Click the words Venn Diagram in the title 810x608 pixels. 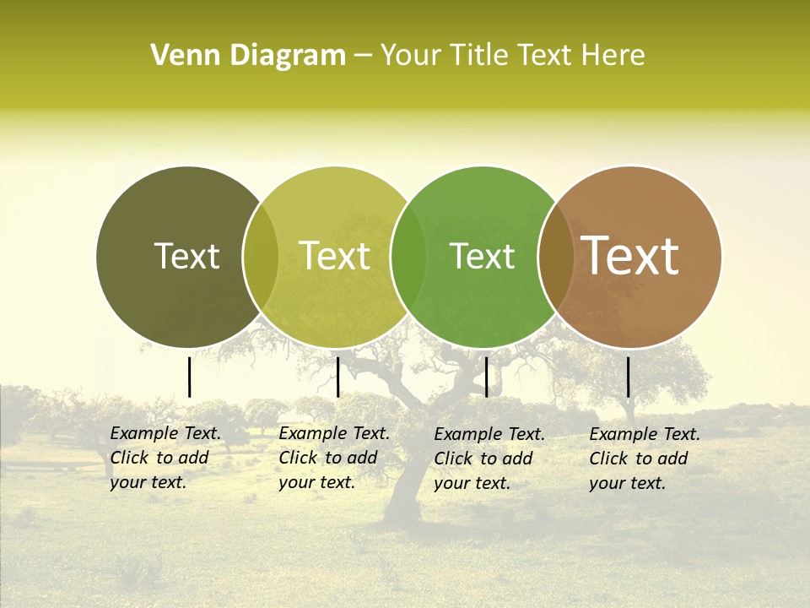(x=248, y=56)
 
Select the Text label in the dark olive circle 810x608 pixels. (x=186, y=257)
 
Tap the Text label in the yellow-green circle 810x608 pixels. (x=335, y=257)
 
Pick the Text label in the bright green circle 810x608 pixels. (x=482, y=257)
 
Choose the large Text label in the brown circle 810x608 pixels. (x=630, y=256)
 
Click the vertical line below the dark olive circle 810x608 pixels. (x=189, y=377)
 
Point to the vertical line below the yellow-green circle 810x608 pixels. (x=337, y=377)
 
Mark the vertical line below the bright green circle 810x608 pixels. (x=486, y=377)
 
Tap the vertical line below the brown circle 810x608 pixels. (x=628, y=377)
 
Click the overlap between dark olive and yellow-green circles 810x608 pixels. (x=261, y=257)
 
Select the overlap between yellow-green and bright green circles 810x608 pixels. (x=408, y=257)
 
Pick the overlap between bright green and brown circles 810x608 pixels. (x=556, y=257)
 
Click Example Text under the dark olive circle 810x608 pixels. (x=165, y=434)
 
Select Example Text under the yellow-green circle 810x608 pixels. (x=334, y=434)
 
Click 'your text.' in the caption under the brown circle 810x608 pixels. (x=627, y=484)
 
